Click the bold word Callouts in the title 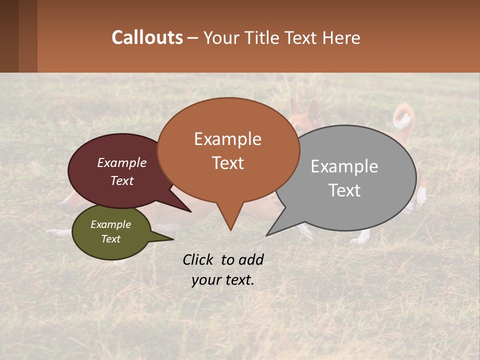[x=147, y=37]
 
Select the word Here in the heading [x=341, y=37]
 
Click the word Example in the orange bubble [x=227, y=139]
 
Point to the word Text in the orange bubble [x=228, y=163]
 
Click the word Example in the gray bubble [x=344, y=166]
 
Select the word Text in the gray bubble [x=345, y=190]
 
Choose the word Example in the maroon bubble [x=122, y=163]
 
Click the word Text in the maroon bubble [x=122, y=180]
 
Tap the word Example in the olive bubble [x=111, y=224]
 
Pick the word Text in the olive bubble [x=111, y=239]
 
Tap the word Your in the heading [x=222, y=37]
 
